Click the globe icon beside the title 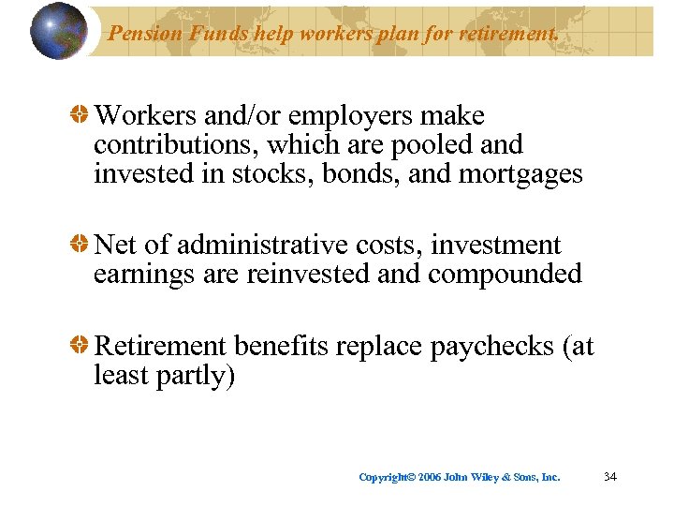(59, 31)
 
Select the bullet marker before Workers (82, 116)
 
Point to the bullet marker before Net (82, 246)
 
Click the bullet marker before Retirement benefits (82, 347)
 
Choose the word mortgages (520, 175)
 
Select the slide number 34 (610, 477)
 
